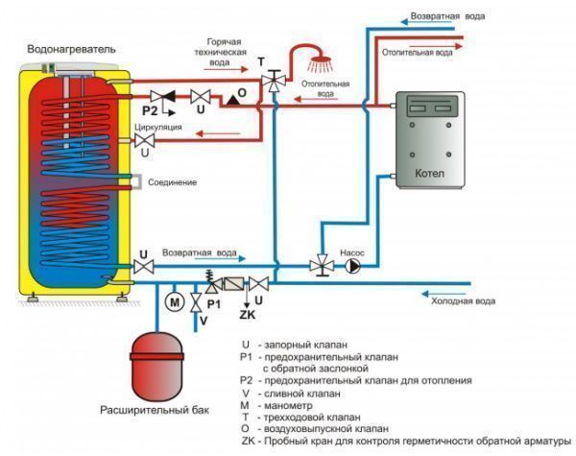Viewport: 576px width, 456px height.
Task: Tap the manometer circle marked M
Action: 175,302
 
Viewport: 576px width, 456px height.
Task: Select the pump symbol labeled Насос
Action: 352,266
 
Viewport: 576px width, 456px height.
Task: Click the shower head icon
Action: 321,64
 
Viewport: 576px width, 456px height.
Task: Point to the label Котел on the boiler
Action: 429,173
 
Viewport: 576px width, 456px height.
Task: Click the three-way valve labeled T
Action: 274,81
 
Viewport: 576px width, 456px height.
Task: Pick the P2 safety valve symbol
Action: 163,97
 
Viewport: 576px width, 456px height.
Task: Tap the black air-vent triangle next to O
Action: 232,100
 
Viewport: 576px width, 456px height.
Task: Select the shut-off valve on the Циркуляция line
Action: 144,141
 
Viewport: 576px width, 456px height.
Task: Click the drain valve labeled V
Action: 196,302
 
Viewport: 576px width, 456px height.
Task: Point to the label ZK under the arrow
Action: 248,315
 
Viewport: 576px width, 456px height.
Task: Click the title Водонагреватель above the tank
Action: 71,49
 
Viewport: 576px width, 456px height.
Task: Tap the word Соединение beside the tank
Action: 172,182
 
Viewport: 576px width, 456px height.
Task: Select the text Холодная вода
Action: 463,301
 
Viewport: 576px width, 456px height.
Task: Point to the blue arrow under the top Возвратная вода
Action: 426,22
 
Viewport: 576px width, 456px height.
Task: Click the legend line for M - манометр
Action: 276,406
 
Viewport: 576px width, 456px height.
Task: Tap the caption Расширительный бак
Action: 155,410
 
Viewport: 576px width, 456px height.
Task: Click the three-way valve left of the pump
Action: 322,265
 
